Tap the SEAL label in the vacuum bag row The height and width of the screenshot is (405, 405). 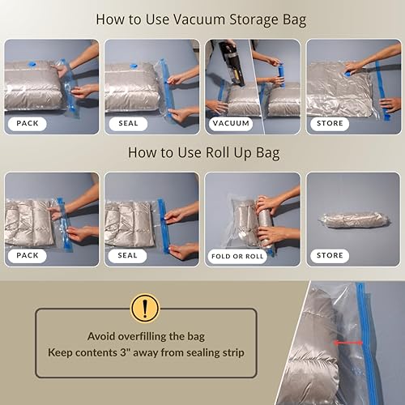pos(127,124)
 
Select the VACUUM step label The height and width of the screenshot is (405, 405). pos(230,124)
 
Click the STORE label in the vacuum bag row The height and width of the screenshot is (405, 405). pos(330,124)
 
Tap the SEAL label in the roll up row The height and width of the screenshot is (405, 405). pos(127,255)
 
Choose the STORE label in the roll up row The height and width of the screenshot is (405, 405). pos(330,255)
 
